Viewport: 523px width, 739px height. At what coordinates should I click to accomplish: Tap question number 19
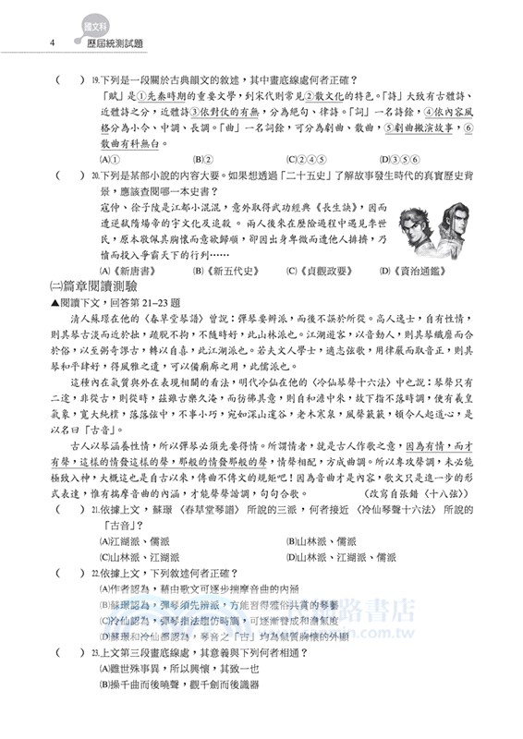(x=96, y=81)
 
